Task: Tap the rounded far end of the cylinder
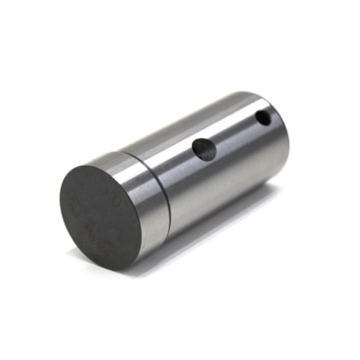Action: pyautogui.click(x=283, y=129)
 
